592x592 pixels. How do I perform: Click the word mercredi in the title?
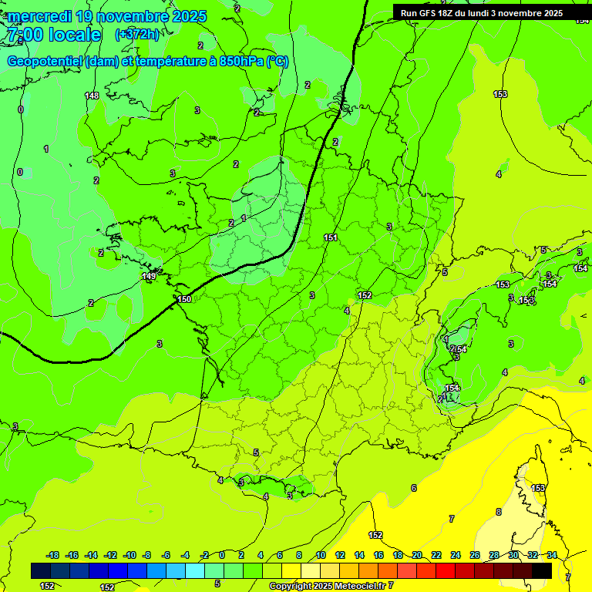coord(39,16)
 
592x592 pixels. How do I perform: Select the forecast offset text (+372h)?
coord(137,35)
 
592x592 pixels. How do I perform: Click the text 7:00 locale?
coord(54,35)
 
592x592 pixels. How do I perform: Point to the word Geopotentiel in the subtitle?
coord(45,62)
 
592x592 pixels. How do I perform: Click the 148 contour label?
coord(92,96)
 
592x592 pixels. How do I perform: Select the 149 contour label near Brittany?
coord(149,276)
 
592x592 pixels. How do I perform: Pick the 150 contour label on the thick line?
coord(184,299)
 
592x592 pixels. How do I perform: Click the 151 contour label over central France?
coord(331,237)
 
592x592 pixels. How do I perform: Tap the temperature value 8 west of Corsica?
coord(499,512)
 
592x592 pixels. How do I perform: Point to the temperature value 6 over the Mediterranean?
coord(414,488)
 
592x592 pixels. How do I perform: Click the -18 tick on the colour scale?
coord(52,555)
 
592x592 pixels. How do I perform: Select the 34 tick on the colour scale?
coord(551,555)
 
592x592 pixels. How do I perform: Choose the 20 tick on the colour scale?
coord(417,555)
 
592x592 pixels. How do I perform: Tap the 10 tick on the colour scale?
coord(321,555)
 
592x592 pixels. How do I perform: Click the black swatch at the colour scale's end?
coord(542,570)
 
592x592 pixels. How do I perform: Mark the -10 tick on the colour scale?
coord(129,555)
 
